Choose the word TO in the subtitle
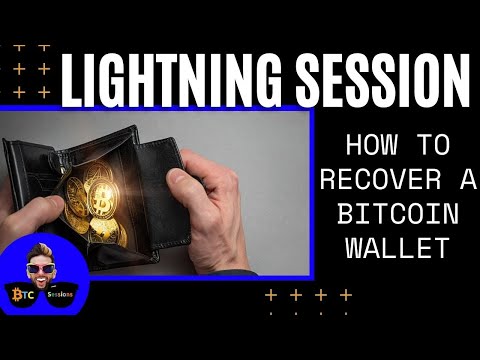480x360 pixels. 432,146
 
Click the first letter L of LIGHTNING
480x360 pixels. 72,80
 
